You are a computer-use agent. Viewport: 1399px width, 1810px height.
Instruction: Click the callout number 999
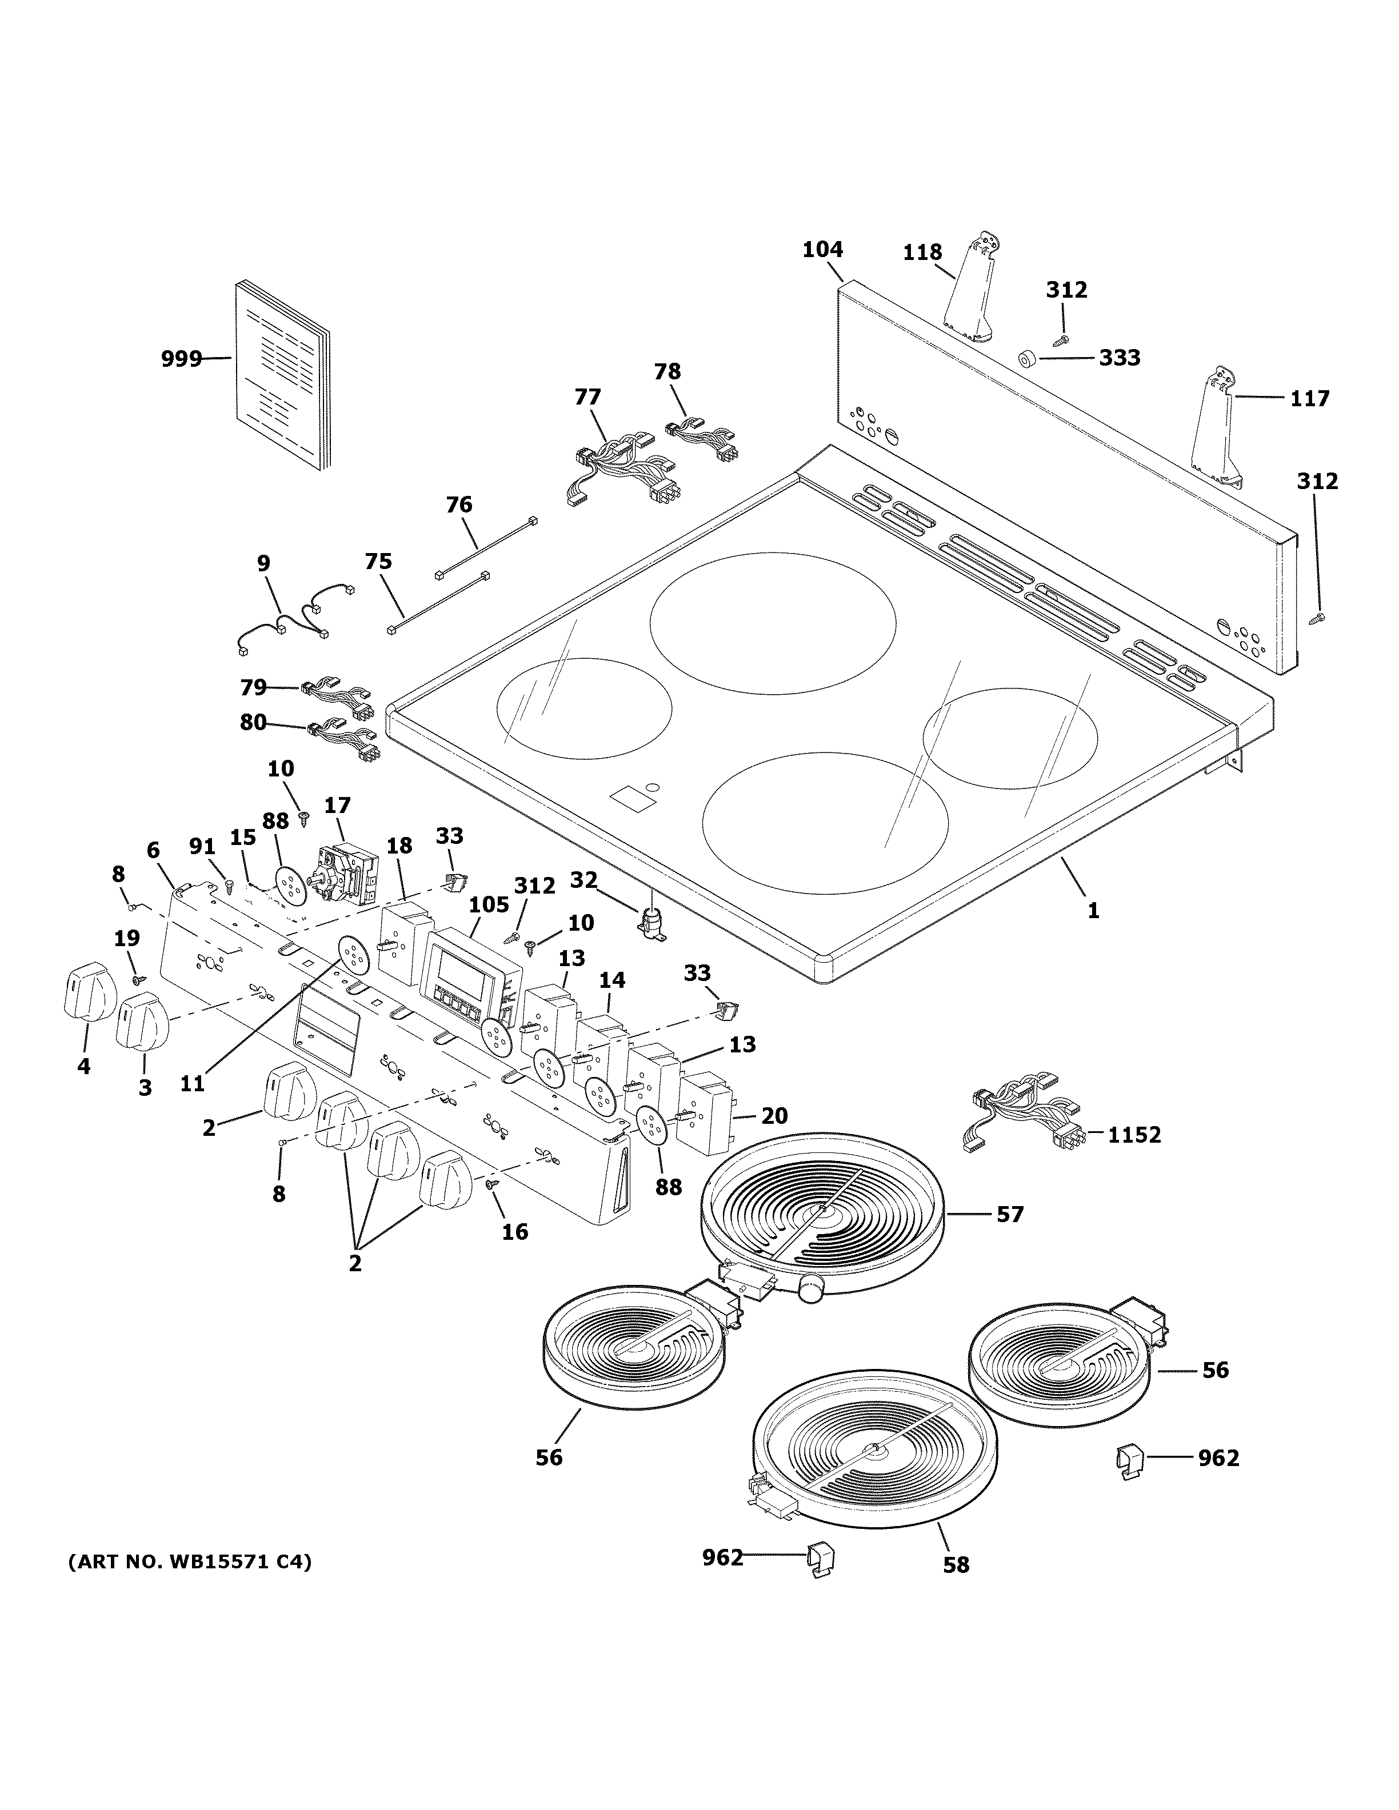pyautogui.click(x=181, y=359)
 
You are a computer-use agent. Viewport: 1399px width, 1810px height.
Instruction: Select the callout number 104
pyautogui.click(x=822, y=250)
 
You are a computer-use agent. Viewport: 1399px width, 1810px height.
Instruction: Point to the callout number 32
pyautogui.click(x=583, y=880)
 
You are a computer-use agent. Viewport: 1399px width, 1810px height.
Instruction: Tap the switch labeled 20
pyautogui.click(x=705, y=1112)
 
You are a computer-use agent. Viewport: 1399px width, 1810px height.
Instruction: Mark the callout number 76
pyautogui.click(x=458, y=504)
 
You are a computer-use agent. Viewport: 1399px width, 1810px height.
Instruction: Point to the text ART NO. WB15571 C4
pyautogui.click(x=189, y=1562)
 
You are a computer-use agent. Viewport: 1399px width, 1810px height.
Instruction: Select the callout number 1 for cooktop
pyautogui.click(x=1093, y=910)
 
